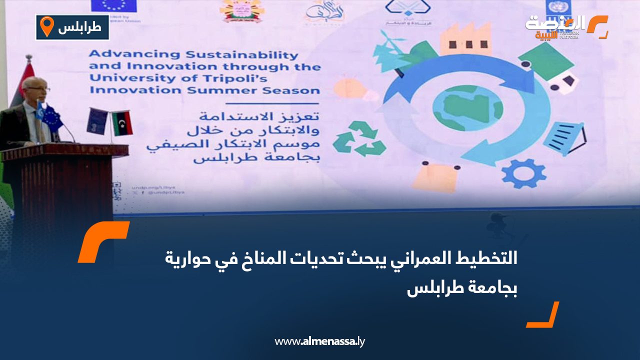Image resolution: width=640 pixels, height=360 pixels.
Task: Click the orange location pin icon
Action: (46, 26)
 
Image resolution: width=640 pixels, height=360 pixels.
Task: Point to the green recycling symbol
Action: (359, 138)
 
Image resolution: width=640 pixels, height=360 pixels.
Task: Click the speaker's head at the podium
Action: (36, 90)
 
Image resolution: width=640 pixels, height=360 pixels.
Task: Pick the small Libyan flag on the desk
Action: (121, 123)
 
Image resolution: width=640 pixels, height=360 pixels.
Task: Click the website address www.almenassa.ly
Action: (320, 342)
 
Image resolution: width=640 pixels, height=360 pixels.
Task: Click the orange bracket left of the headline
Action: (102, 241)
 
